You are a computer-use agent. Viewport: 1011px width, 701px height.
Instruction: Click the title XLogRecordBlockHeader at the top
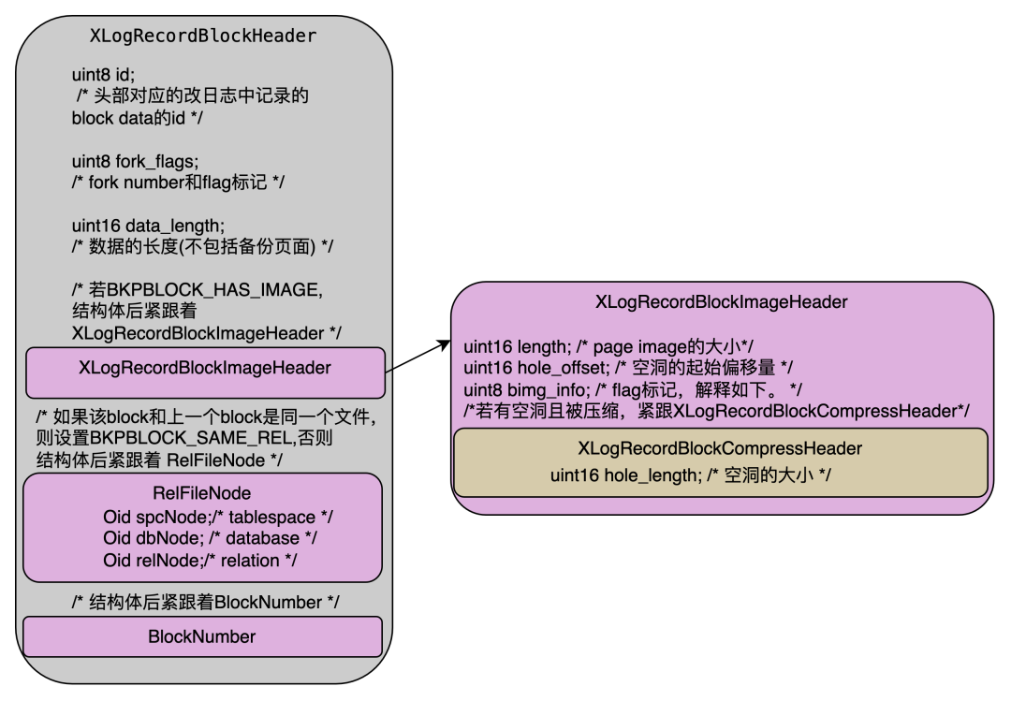(x=202, y=37)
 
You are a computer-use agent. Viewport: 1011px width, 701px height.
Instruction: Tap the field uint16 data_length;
(x=148, y=226)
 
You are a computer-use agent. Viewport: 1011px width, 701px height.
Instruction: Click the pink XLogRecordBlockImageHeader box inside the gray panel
(x=205, y=368)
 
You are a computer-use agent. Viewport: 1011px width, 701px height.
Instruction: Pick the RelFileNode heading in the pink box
(x=201, y=493)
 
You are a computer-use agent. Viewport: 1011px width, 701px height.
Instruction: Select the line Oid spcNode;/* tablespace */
(x=218, y=517)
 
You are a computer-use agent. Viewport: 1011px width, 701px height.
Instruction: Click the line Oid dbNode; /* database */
(x=210, y=538)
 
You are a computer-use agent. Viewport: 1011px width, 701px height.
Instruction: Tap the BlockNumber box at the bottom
(x=201, y=636)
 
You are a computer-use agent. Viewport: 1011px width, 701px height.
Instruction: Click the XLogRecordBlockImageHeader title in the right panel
(x=721, y=301)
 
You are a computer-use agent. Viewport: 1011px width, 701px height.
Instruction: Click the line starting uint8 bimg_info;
(x=632, y=388)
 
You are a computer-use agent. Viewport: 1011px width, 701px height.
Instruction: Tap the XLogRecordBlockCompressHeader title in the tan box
(x=720, y=448)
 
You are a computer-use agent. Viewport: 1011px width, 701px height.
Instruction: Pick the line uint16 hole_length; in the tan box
(x=691, y=475)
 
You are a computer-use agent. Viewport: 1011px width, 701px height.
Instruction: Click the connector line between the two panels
(x=388, y=371)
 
